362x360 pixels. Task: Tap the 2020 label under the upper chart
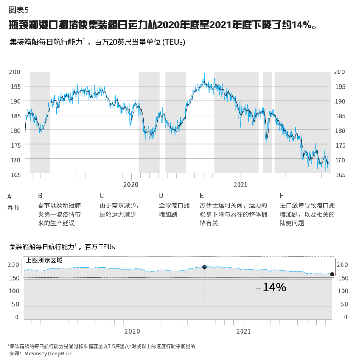131,185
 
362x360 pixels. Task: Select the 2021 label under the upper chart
240,185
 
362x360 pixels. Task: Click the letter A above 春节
9,197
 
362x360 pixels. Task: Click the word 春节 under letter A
13,208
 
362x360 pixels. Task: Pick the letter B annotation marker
40,196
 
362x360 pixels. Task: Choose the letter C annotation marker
101,196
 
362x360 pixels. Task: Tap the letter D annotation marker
161,196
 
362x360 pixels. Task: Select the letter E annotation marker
202,196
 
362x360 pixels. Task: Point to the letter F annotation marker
281,196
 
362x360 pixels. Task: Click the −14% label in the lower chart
270,288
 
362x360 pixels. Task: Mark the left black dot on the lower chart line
205,267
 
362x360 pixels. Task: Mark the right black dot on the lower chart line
332,274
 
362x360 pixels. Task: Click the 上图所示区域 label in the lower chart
44,260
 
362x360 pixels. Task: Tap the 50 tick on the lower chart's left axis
15,304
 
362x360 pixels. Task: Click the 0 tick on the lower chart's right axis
345,317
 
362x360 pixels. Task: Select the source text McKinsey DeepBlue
48,354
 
